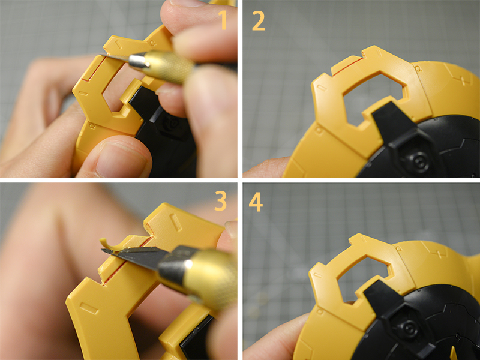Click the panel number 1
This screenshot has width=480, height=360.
224,20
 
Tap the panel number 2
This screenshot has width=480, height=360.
259,22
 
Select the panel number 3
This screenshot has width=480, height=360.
220,200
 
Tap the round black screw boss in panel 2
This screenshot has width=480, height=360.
418,161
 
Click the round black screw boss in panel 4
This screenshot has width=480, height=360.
409,328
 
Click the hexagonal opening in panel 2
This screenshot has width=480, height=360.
374,97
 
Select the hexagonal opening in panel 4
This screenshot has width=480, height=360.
364,277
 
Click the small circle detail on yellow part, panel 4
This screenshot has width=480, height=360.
320,311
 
